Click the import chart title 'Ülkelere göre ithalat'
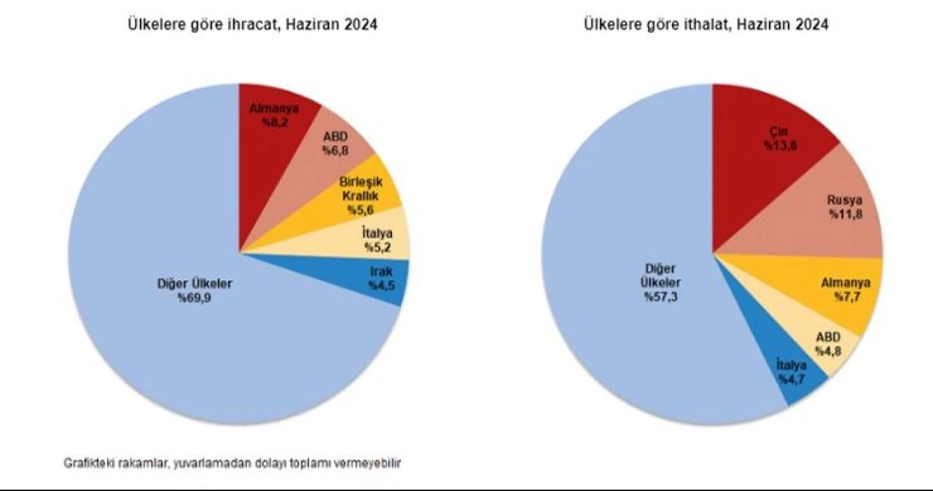pyautogui.click(x=705, y=25)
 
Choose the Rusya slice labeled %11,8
pyautogui.click(x=838, y=206)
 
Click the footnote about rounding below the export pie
pyautogui.click(x=233, y=463)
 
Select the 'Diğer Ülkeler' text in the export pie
pyautogui.click(x=195, y=284)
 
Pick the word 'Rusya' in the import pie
pyautogui.click(x=843, y=200)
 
